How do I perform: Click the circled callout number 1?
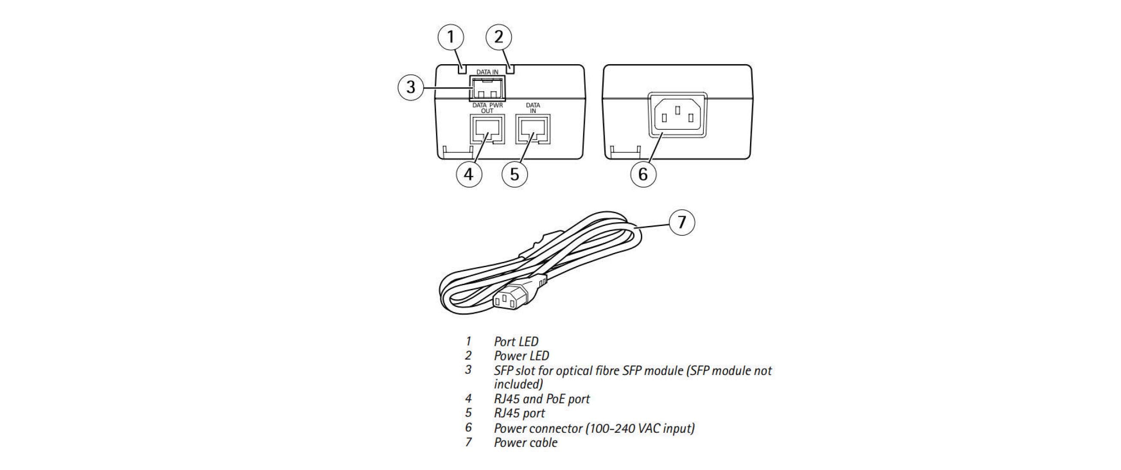tap(450, 37)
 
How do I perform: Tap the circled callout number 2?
tap(498, 37)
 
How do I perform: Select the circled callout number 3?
tap(411, 87)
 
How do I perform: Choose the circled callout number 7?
tap(682, 222)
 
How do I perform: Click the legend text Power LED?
tap(521, 356)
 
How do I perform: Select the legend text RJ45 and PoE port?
tap(541, 399)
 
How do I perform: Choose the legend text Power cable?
tap(525, 443)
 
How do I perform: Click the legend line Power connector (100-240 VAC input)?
tap(594, 428)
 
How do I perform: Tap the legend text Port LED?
tap(516, 342)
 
